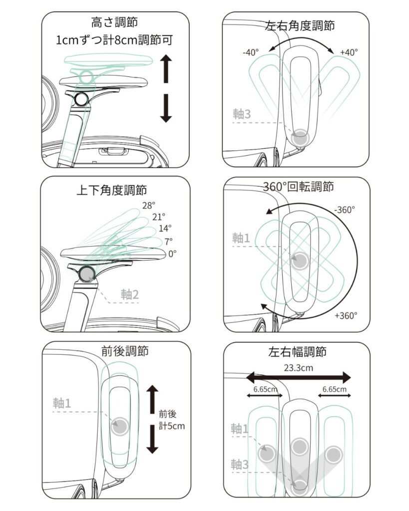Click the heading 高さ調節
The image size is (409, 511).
115,22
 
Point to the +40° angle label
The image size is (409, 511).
349,52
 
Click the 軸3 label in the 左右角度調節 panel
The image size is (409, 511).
242,114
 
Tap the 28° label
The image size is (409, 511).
149,205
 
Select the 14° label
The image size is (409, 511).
165,229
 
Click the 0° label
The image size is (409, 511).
172,254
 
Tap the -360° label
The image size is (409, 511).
343,210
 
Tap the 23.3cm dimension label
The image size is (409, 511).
299,368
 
